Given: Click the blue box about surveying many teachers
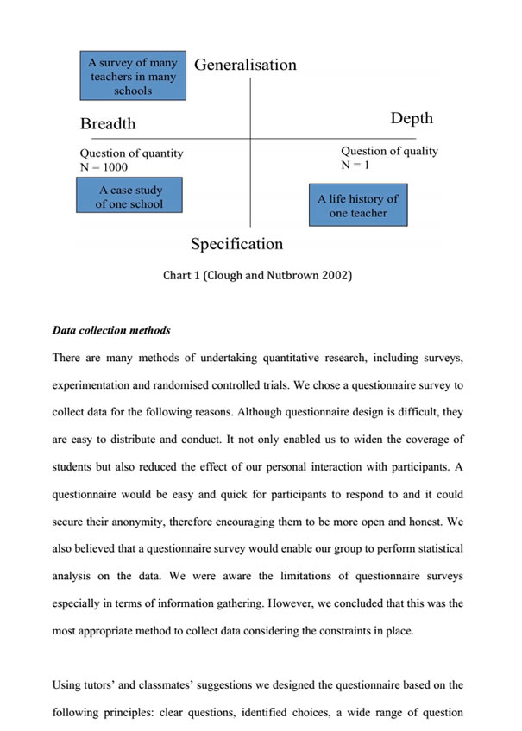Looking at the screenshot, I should [x=133, y=77].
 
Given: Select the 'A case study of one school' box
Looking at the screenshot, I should [x=129, y=197].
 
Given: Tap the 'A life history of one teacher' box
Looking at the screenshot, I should [x=358, y=205].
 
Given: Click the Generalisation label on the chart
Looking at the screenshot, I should [x=245, y=65].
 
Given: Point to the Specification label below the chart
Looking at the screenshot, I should [x=236, y=244].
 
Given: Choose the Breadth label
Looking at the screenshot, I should [x=108, y=123].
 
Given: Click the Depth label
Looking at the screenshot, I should [x=412, y=118].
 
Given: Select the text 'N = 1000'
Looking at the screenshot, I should [x=104, y=167].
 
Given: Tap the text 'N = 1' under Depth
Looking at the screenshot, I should [x=355, y=165].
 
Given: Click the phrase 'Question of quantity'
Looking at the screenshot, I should [x=131, y=153].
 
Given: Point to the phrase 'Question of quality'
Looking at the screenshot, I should [x=389, y=151].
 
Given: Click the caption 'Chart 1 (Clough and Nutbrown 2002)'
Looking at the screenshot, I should [x=257, y=276].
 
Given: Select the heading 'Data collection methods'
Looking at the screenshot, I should [x=111, y=330].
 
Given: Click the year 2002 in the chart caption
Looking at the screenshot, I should [x=332, y=276].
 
